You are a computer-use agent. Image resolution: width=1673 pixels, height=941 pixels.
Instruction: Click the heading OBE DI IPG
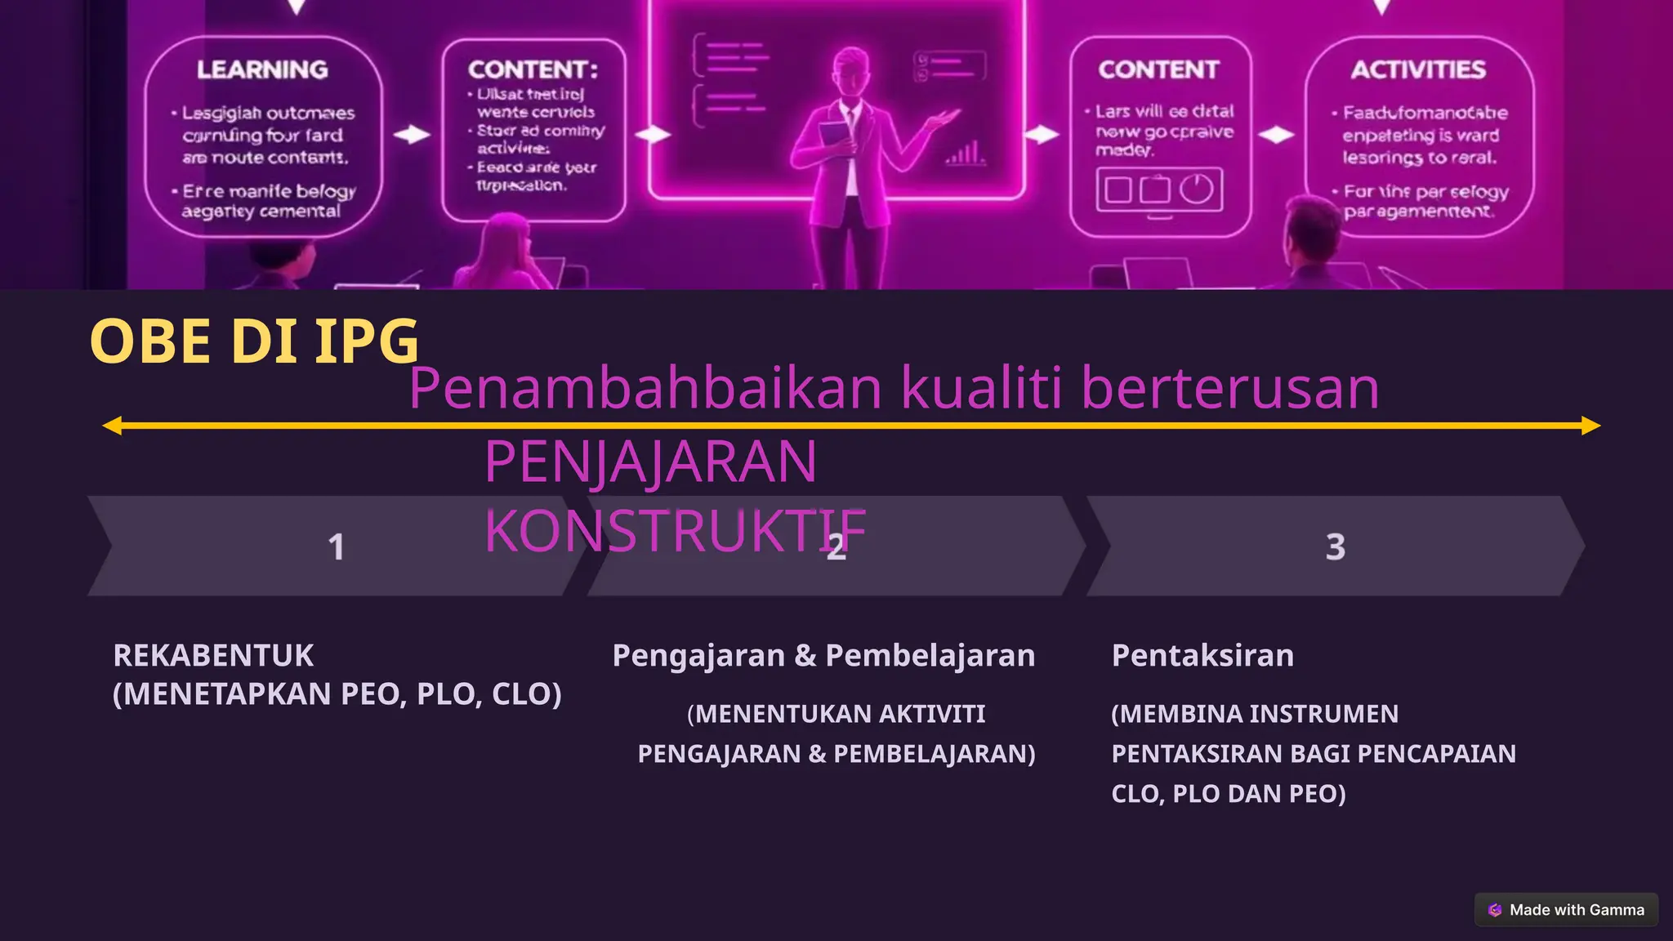(254, 341)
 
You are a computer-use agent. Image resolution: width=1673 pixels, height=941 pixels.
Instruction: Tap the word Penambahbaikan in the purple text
(645, 388)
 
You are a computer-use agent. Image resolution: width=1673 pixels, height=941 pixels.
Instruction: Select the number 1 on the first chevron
(336, 547)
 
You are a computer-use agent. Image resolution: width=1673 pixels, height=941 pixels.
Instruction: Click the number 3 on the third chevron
(1335, 547)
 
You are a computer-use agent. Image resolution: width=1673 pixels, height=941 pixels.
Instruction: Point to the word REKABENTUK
(213, 656)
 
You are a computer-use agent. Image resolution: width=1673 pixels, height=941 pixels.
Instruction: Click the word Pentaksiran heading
(1202, 656)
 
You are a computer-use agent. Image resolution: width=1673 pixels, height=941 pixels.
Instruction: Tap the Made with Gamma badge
(1566, 910)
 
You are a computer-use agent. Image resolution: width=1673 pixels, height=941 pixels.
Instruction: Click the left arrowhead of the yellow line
(113, 426)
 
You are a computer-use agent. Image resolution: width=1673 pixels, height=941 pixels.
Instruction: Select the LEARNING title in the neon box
(262, 70)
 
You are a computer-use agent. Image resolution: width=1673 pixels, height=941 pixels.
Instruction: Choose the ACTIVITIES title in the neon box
(1418, 70)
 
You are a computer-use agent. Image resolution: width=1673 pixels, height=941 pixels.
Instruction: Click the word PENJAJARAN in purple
(650, 462)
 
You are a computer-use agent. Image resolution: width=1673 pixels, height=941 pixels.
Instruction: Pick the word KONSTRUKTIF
(675, 532)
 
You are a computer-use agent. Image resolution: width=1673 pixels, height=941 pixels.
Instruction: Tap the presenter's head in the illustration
(850, 69)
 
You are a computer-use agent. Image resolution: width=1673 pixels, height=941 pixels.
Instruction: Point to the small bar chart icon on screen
(965, 153)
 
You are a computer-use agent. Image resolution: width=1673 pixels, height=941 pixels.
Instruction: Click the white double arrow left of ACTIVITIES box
(1276, 135)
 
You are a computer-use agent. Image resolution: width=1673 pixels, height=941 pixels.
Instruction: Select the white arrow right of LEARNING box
(412, 135)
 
